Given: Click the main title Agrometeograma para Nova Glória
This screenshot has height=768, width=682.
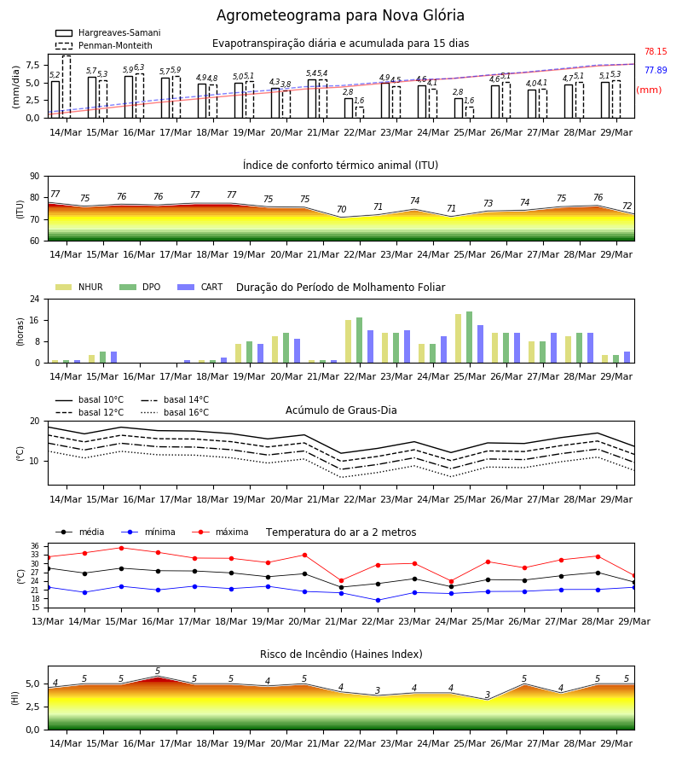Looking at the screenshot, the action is (340, 15).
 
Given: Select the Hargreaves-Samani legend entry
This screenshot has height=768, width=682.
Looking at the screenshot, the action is (108, 32).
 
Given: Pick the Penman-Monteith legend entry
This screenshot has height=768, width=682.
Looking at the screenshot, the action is (104, 45).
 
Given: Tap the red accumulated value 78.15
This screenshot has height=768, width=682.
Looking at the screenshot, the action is (656, 51).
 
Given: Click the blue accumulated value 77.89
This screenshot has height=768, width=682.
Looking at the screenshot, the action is (656, 70).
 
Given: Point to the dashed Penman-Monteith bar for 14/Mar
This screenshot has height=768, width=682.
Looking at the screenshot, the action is (66, 87).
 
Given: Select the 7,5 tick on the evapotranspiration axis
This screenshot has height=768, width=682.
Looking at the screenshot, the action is (32, 65).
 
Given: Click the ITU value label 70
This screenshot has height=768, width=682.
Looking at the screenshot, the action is (342, 209).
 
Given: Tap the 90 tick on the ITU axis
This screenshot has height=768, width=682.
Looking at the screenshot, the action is (34, 177).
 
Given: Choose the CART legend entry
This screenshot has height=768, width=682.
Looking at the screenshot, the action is (200, 287).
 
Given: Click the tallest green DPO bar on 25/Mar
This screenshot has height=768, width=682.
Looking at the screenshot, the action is (469, 337).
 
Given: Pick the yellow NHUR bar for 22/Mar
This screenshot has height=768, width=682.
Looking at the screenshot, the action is (349, 341).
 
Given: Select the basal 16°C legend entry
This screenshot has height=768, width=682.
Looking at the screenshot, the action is (175, 412).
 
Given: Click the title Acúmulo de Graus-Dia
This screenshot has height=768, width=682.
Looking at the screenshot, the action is (341, 410).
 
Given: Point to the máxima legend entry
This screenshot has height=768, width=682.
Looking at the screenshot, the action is (221, 532).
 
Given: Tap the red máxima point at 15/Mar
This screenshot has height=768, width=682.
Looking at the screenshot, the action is (121, 548).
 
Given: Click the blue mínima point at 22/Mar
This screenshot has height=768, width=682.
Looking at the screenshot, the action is (378, 600).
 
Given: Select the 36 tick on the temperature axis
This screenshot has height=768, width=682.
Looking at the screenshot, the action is (35, 546).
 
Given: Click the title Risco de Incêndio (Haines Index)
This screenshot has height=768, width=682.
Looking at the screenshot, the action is (341, 655).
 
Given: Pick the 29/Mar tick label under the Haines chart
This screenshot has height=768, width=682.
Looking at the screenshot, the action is (616, 743).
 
